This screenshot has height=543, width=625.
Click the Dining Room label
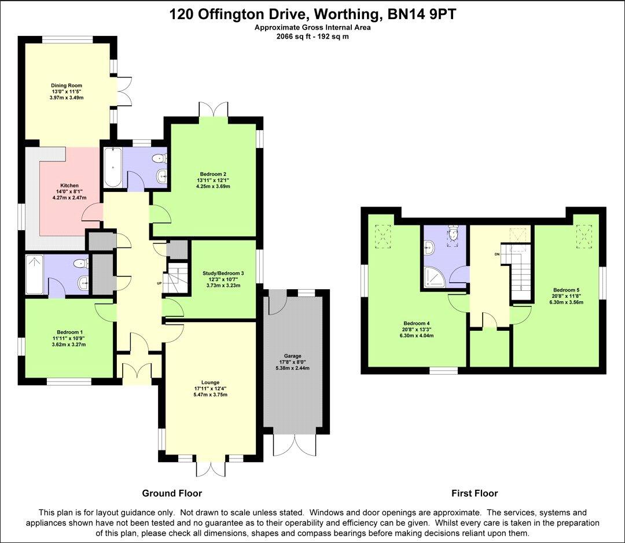pos(62,86)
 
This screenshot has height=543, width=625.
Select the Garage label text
pos(292,356)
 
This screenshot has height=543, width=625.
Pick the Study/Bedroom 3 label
pos(223,273)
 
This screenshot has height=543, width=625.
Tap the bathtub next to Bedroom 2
pos(113,168)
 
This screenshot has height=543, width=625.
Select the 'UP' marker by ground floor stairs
pos(160,283)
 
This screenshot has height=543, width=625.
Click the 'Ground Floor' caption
pos(172,493)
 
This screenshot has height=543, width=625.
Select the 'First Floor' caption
pos(475,493)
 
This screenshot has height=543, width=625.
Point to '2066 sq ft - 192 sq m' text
pos(312,36)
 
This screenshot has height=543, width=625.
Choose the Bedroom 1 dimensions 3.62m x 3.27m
pos(69,345)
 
